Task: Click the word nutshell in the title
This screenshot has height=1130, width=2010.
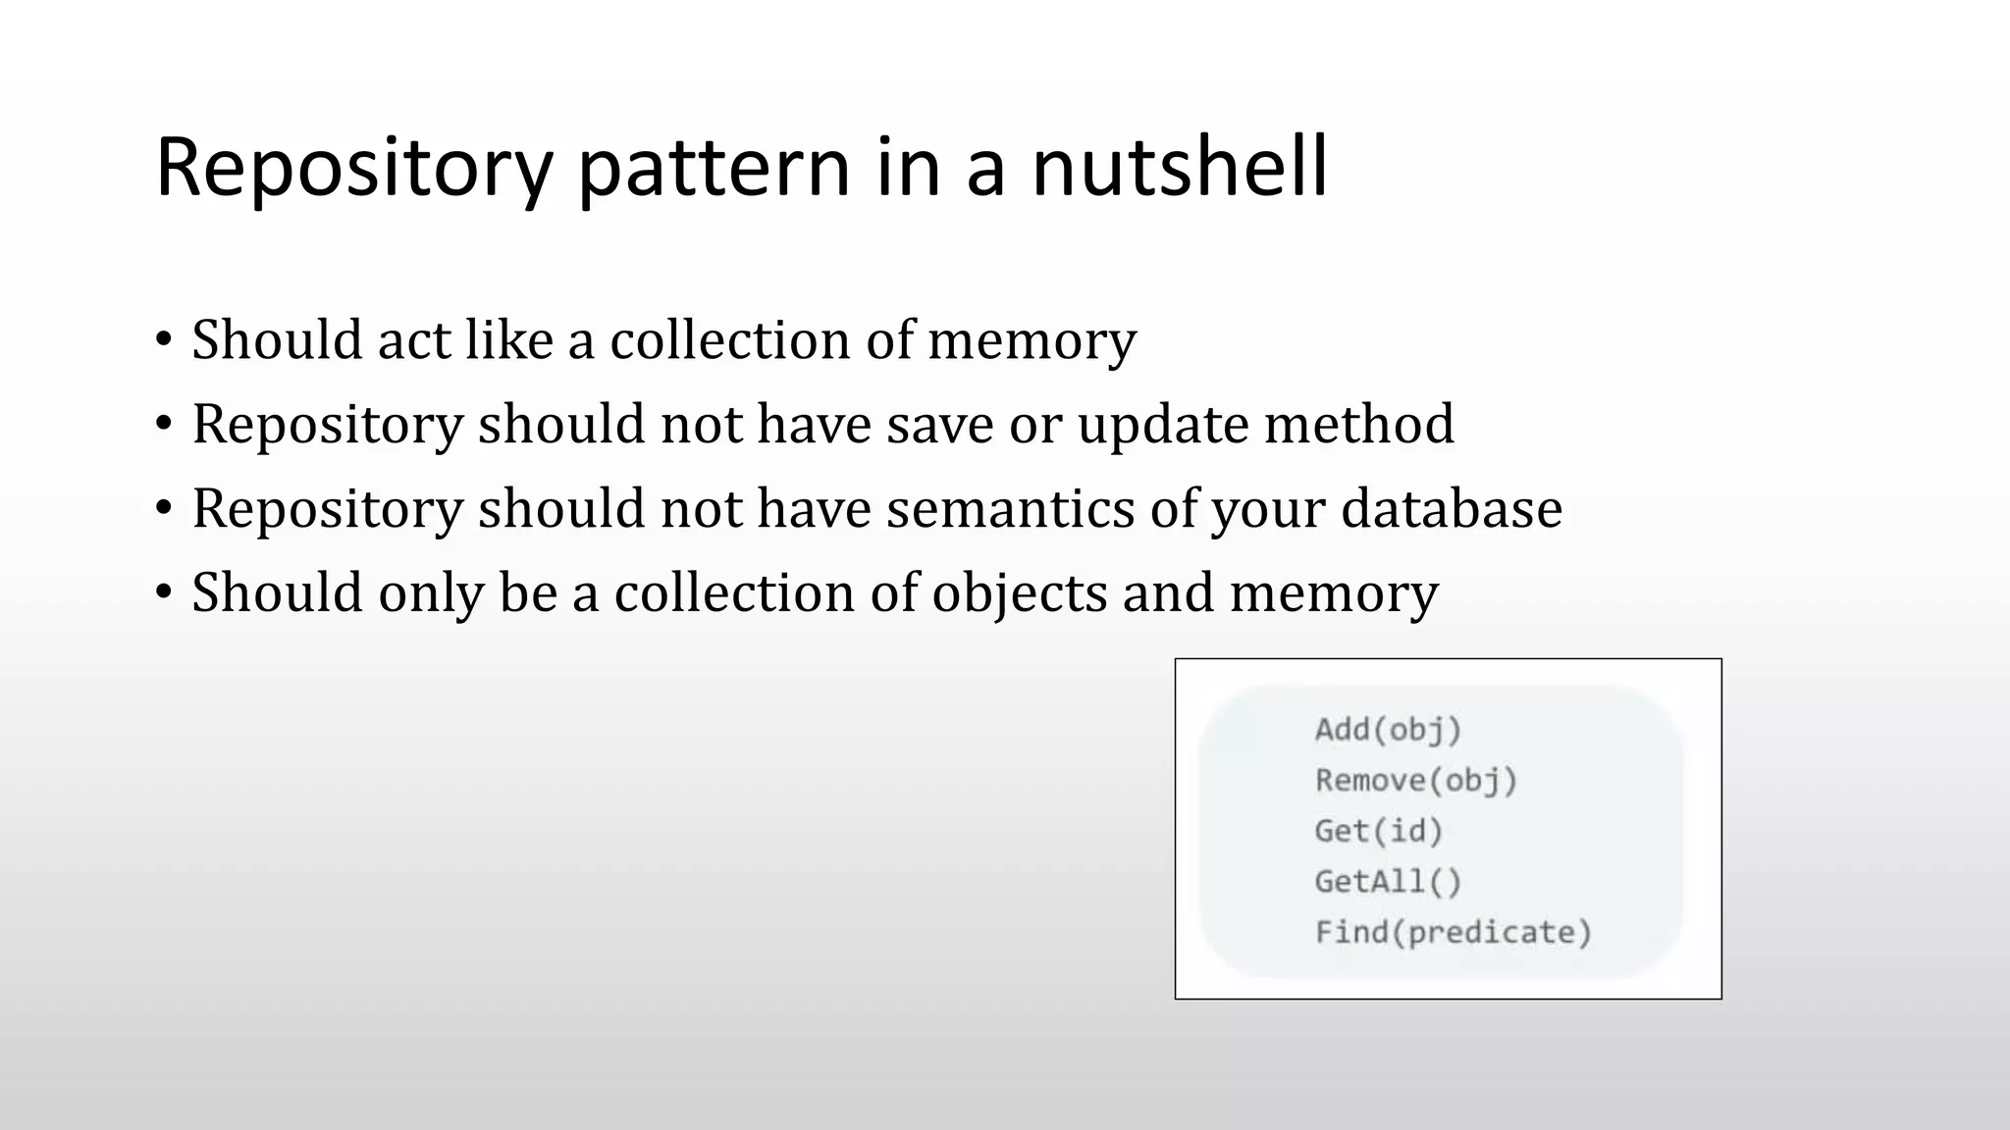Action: tap(1180, 167)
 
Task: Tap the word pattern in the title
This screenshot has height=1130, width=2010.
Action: tap(714, 169)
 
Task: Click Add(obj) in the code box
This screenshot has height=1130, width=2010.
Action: tap(1388, 731)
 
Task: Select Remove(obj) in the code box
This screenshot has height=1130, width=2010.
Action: tap(1416, 781)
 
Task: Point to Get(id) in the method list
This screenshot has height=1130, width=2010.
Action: tap(1379, 832)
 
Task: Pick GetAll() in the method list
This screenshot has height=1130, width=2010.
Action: tap(1388, 882)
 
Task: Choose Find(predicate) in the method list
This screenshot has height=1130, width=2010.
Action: tap(1453, 932)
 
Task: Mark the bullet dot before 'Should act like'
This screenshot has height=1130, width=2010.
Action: tap(164, 340)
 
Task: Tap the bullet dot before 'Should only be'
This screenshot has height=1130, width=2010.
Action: tap(164, 593)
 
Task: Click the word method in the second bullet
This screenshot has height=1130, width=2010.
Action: tap(1359, 424)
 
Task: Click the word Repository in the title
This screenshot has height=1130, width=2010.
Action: tap(354, 169)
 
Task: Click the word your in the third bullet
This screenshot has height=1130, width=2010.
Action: tap(1268, 510)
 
